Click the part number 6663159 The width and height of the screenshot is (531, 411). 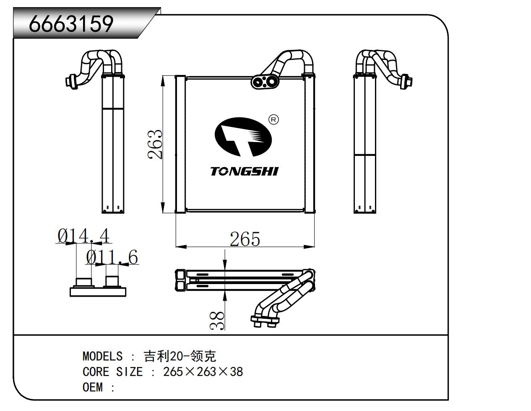pos(71,23)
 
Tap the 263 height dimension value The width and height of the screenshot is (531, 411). pos(155,145)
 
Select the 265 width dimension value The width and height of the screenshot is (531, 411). pos(245,239)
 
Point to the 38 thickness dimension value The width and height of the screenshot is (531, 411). pos(218,321)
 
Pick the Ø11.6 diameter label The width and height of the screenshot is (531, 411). pos(112,257)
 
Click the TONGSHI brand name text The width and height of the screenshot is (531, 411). pos(244,171)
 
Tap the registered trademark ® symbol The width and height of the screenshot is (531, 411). pos(273,120)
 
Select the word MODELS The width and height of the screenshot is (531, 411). pos(102,356)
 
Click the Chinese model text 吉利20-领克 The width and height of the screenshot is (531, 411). pos(180,356)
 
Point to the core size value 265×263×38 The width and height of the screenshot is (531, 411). pos(203,372)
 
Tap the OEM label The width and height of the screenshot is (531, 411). pos(93,387)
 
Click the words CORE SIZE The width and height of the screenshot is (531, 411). pos(112,372)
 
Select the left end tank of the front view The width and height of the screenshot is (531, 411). pos(180,145)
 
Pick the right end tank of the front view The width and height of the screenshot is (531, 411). pos(309,145)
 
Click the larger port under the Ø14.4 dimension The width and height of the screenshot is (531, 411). pos(83,282)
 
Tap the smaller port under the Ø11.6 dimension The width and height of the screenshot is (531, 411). pos(112,281)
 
